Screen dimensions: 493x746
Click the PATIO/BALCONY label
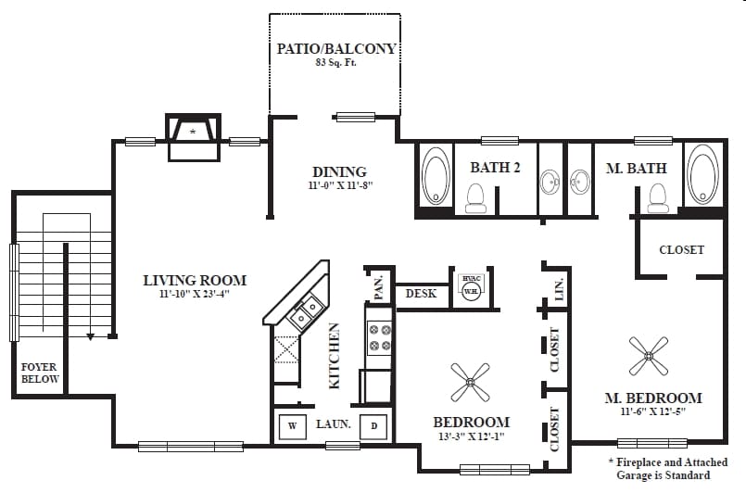(335, 48)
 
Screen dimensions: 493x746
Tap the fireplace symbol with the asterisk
(193, 133)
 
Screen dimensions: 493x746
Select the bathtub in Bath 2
(435, 178)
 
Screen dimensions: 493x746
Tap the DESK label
(422, 294)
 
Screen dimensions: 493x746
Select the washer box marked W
(293, 426)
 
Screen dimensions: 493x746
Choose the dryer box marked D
(373, 426)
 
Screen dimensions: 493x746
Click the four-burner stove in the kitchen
(380, 338)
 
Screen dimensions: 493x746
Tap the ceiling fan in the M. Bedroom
(649, 355)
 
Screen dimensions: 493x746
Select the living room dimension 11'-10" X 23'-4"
(194, 295)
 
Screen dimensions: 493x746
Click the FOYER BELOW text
(40, 373)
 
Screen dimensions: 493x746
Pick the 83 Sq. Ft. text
(335, 64)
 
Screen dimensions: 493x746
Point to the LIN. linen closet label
(558, 290)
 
